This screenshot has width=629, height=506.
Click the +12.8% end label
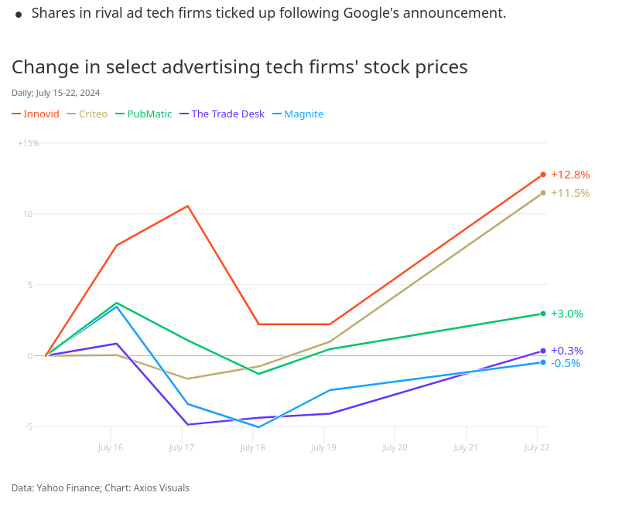coord(570,175)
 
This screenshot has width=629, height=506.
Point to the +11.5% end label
coord(570,193)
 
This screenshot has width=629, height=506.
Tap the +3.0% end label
coord(567,314)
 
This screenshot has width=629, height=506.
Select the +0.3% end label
coord(567,351)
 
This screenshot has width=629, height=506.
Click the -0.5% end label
coord(566,363)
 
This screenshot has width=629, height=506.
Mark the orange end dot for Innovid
coord(543,175)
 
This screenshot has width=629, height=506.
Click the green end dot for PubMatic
coord(543,314)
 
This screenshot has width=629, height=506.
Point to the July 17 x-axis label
coord(182,447)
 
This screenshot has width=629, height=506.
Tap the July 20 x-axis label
coord(395,447)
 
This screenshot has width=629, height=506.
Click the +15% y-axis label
coord(29,143)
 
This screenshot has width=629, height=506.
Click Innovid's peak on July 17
coord(188,205)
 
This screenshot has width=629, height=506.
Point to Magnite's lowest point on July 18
coord(258,427)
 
